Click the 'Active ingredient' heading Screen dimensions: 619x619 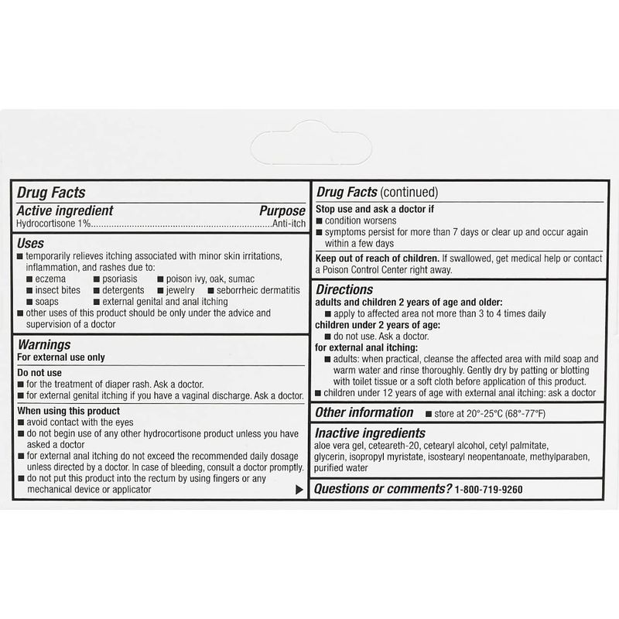(x=65, y=210)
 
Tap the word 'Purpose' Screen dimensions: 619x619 (x=282, y=210)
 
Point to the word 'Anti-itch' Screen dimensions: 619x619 (x=288, y=224)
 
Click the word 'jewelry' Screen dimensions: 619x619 (x=180, y=290)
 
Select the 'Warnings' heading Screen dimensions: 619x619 (x=44, y=344)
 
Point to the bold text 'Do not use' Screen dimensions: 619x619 (x=40, y=372)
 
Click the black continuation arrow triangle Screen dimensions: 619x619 (x=299, y=490)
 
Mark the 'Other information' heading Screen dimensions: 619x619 (x=364, y=412)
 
